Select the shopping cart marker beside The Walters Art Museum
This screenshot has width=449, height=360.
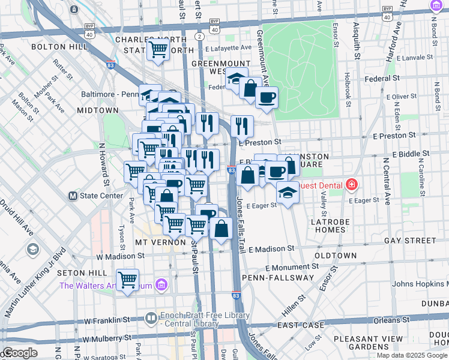[x=127, y=280]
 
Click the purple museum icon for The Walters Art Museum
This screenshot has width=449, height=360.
[x=161, y=285]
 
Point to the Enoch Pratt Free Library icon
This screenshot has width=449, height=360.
[x=151, y=316]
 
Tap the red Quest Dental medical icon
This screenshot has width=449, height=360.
[x=352, y=185]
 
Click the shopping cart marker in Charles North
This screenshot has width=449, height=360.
[x=158, y=49]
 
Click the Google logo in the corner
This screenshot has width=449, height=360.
[x=20, y=352]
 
